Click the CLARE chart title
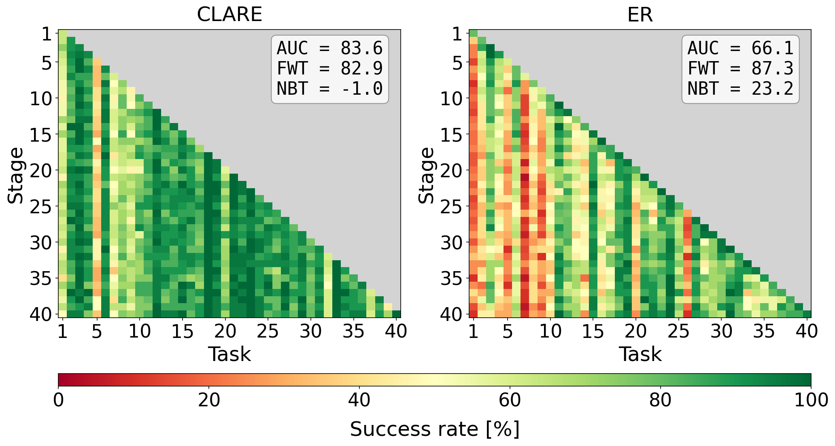[229, 15]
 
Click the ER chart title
[640, 15]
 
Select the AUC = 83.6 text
[329, 49]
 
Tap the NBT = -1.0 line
[329, 89]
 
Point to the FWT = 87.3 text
[740, 68]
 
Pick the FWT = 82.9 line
[329, 68]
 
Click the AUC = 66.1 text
[740, 49]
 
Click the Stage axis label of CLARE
[15, 175]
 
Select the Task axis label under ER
[640, 354]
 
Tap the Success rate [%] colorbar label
[434, 429]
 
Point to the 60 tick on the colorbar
[510, 400]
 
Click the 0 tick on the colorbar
[59, 400]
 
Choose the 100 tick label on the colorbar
[811, 400]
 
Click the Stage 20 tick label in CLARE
[41, 170]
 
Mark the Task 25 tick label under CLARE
[268, 331]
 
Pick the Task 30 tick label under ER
[722, 331]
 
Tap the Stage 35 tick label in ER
[452, 278]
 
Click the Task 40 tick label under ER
[807, 331]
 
